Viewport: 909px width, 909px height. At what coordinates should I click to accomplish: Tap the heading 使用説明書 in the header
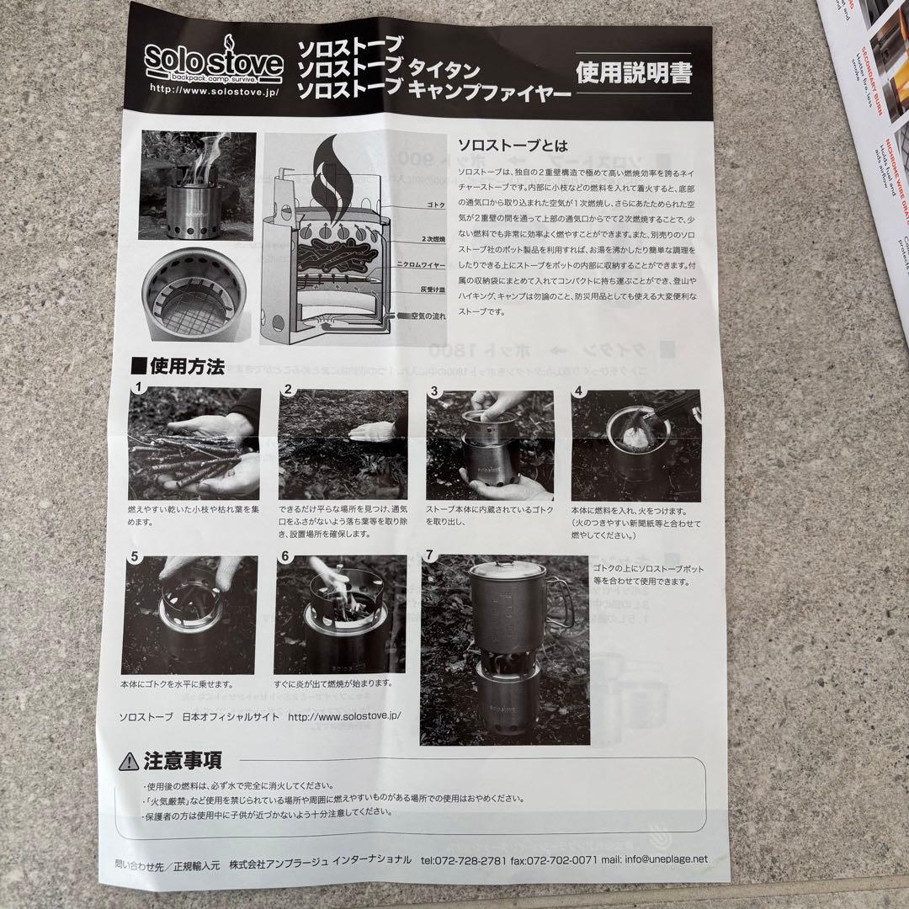(634, 73)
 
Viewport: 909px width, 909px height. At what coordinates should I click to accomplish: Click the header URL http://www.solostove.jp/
(214, 88)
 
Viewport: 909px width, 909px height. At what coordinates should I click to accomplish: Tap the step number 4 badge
(579, 391)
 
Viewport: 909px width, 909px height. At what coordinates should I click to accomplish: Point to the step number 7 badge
(431, 555)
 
